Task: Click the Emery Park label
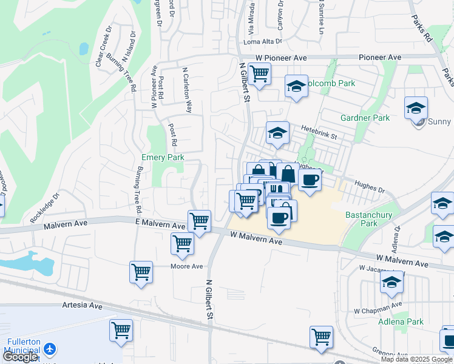click(163, 158)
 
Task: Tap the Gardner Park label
click(365, 118)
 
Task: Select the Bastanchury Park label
click(370, 219)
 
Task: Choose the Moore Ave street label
click(186, 266)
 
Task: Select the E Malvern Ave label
click(160, 225)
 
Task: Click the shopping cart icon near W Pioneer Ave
click(260, 73)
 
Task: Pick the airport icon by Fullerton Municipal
click(49, 349)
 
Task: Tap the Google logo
click(20, 357)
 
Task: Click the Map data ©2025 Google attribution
click(417, 359)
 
